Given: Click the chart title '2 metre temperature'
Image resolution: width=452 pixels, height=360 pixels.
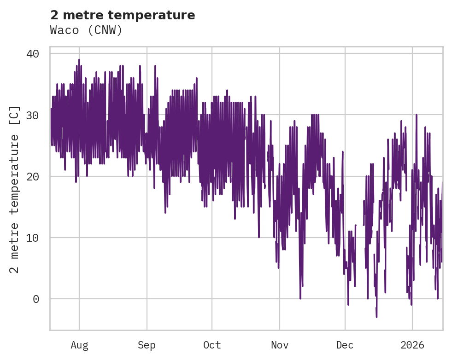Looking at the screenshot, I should click(123, 15).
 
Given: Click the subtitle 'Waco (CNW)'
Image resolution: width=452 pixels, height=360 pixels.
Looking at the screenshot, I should click(86, 30).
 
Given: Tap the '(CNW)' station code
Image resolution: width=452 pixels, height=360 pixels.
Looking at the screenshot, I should click(105, 30).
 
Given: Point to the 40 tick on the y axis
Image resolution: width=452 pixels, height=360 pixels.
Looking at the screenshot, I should click(32, 54).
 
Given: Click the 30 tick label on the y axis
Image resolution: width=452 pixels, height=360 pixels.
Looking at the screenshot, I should click(32, 115).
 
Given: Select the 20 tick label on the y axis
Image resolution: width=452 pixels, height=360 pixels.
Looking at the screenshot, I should click(32, 176).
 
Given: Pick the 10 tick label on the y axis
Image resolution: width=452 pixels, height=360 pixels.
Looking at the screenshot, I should click(32, 238).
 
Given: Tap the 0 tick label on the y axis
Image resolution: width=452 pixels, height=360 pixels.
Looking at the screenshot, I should click(35, 299).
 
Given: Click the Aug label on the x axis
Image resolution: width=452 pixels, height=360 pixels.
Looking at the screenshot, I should click(79, 345).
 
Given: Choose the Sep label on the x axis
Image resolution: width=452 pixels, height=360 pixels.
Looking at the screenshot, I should click(147, 345).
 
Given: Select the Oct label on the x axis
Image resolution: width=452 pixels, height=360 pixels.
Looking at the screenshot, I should click(212, 345).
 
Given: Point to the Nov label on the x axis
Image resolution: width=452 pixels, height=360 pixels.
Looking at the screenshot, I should click(280, 345).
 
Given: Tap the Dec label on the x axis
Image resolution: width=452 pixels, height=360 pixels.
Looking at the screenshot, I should click(345, 345).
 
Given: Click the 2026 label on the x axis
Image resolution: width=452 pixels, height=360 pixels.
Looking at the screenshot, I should click(412, 345).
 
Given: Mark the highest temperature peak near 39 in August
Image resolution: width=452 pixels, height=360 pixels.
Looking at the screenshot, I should click(79, 60).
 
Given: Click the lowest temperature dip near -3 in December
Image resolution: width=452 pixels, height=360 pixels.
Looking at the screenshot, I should click(376, 317).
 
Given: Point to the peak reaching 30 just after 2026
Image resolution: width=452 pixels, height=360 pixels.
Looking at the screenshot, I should click(416, 115).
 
